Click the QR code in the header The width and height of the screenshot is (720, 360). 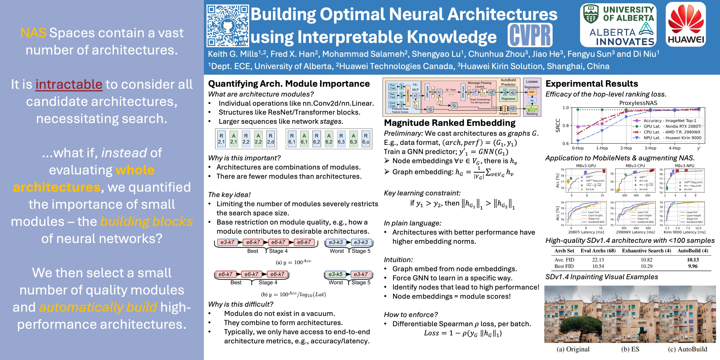228,26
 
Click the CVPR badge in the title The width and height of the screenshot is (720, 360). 530,35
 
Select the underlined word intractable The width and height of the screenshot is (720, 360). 69,84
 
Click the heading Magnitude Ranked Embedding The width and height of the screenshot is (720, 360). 450,123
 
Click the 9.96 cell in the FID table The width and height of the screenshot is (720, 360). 693,266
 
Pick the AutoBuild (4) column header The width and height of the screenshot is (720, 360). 693,251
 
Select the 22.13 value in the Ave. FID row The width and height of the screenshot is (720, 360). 598,260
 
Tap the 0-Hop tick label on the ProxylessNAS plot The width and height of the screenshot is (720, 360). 577,148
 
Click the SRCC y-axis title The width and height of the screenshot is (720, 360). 558,125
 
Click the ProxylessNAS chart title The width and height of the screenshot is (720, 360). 638,103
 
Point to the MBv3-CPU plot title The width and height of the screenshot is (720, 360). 635,166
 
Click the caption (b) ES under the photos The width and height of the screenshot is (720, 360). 630,349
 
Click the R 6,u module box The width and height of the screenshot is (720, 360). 366,139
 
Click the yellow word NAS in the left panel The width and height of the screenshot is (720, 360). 33,33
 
